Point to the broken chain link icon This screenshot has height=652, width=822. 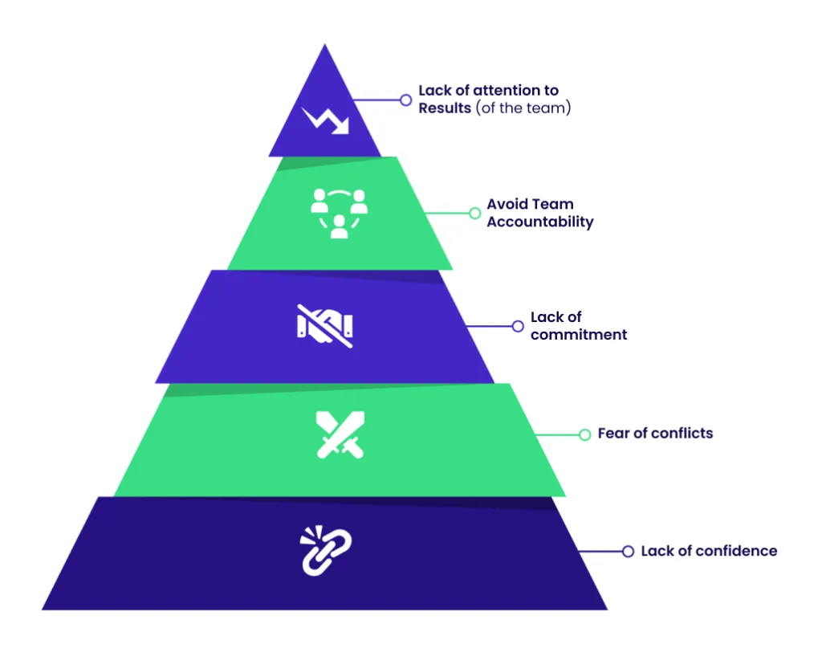[x=325, y=550]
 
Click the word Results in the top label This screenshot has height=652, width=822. [x=445, y=108]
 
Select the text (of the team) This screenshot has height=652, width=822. [x=523, y=108]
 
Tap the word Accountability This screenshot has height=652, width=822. [x=540, y=222]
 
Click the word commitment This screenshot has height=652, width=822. [x=579, y=335]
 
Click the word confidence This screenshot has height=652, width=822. [x=736, y=551]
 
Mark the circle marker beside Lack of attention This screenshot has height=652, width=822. [x=405, y=100]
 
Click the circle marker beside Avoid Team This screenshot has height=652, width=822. [x=474, y=213]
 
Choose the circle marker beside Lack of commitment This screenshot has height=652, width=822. [x=518, y=326]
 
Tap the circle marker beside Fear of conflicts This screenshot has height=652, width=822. [x=584, y=434]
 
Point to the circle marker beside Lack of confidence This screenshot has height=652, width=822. [x=628, y=552]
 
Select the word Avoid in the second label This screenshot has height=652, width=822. [x=507, y=205]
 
